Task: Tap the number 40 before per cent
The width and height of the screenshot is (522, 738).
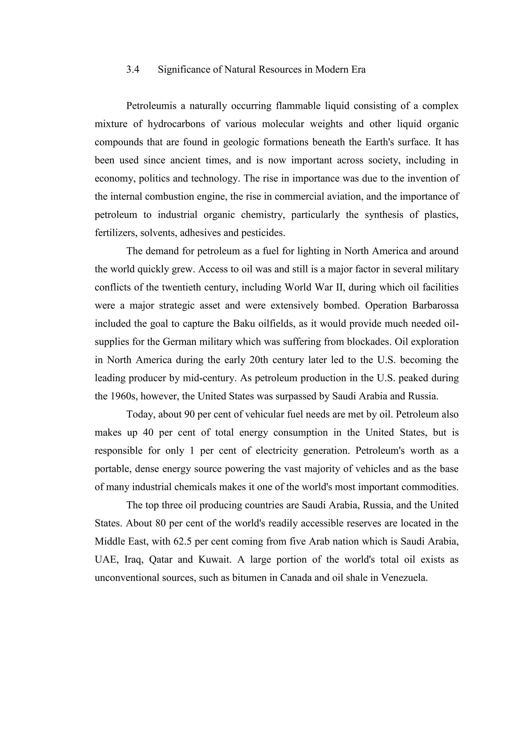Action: tap(148, 433)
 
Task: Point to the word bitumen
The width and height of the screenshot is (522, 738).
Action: tap(250, 578)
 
